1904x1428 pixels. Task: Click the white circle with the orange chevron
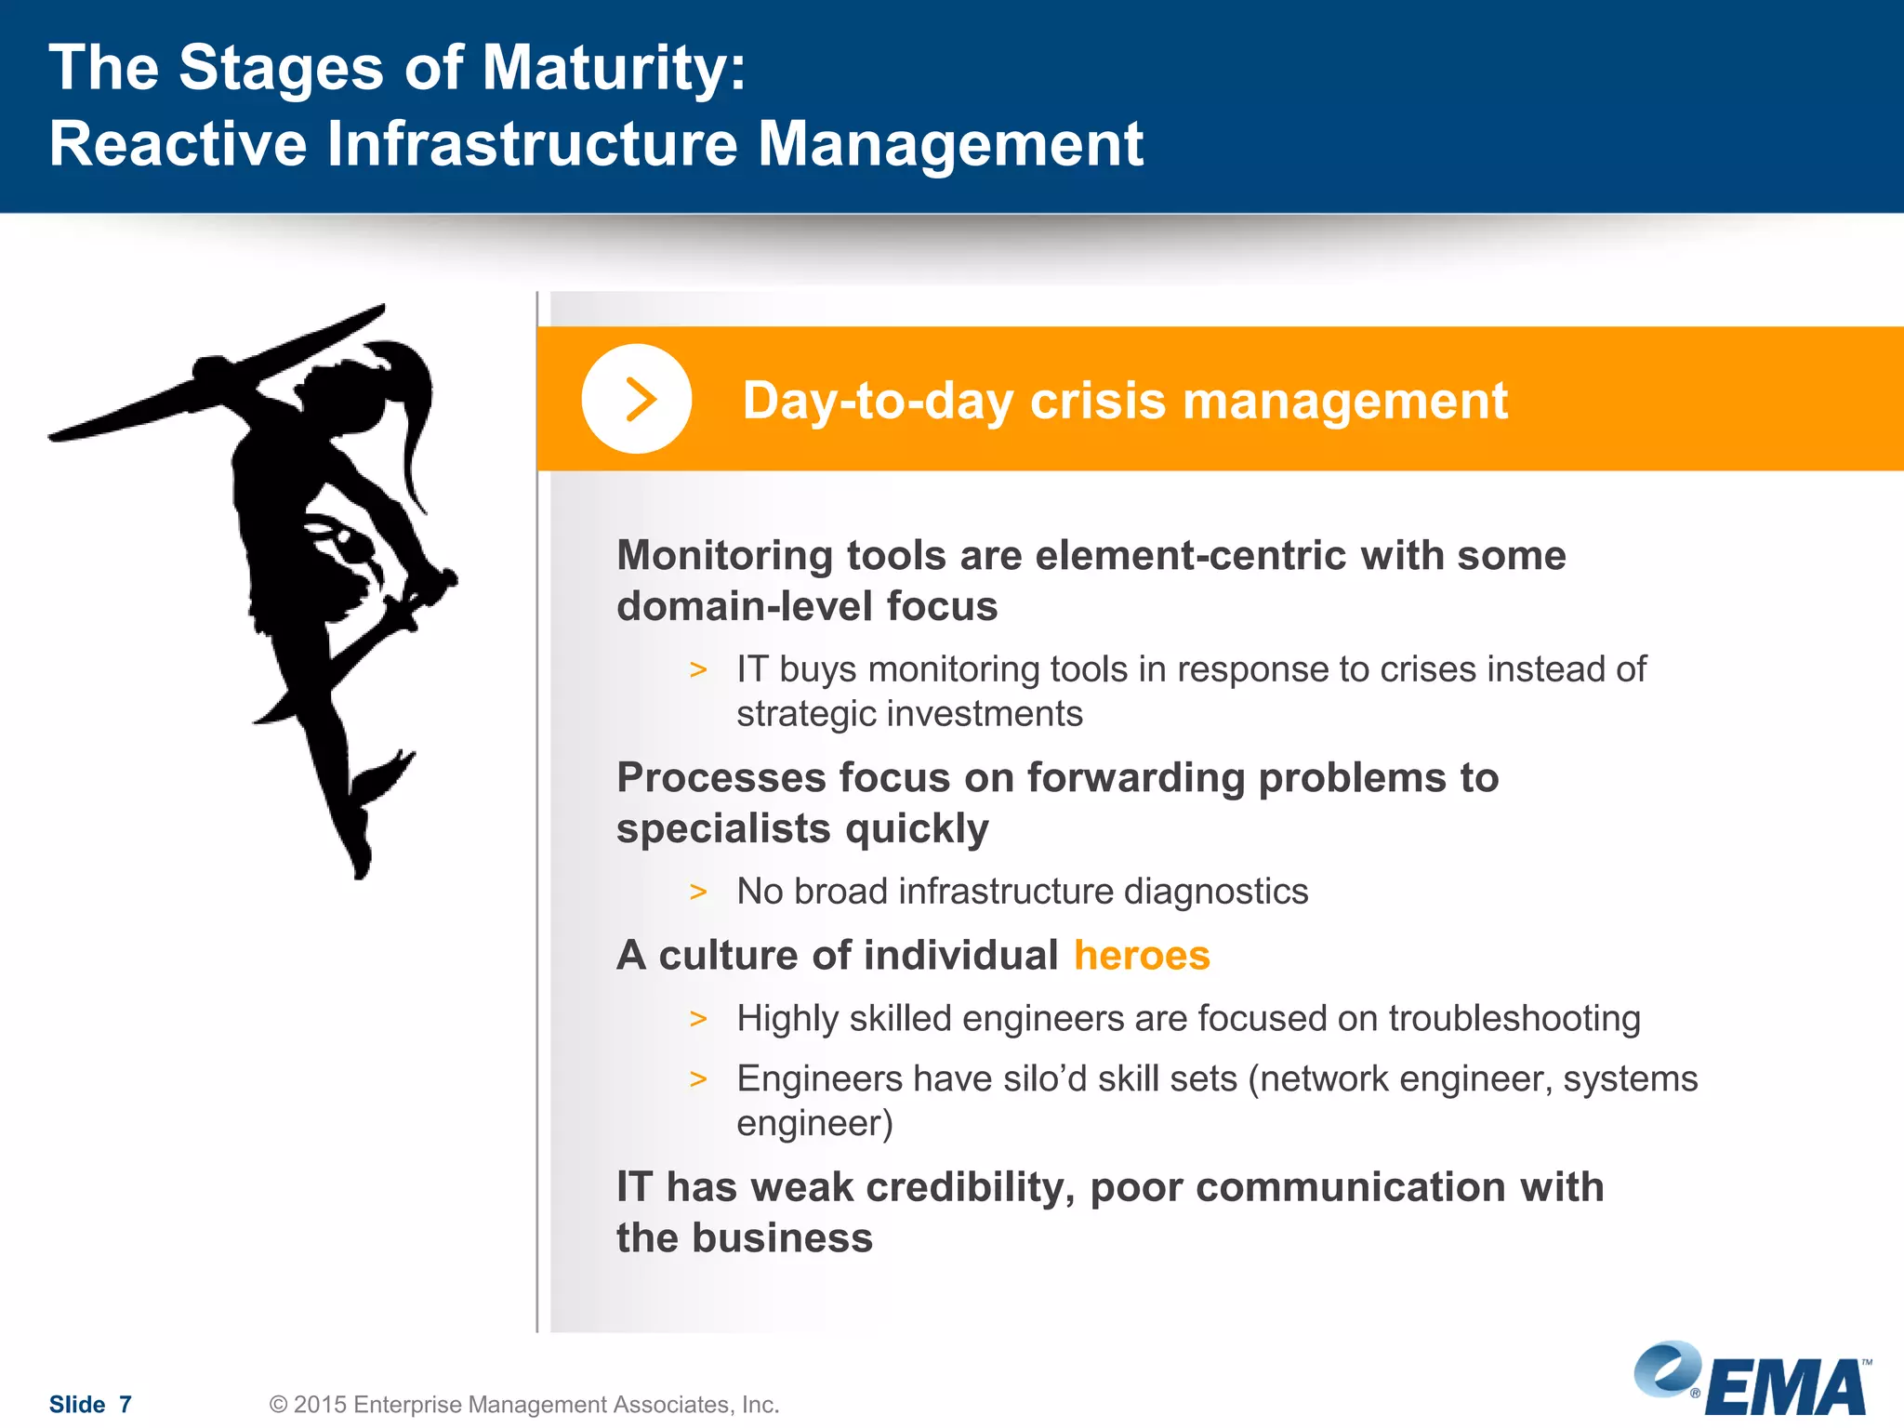point(637,399)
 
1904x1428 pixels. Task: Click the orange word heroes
point(1142,956)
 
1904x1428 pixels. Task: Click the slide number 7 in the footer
point(126,1404)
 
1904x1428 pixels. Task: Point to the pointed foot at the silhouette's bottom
point(361,865)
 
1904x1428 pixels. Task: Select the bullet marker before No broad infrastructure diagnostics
point(698,892)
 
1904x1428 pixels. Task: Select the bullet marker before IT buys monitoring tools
point(698,670)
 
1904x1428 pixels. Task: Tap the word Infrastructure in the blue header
point(533,144)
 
